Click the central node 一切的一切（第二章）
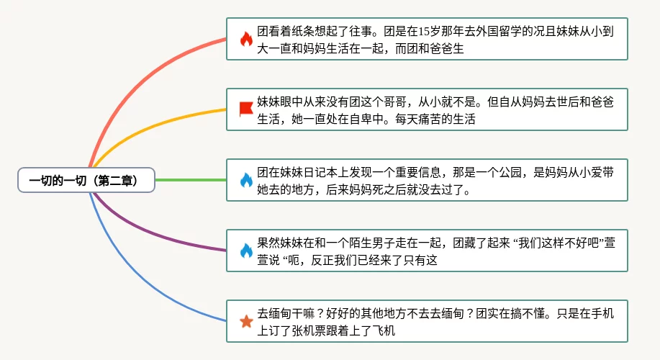[86, 180]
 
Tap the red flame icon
[246, 39]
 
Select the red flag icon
[246, 109]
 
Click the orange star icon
[246, 321]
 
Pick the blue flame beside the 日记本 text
[246, 180]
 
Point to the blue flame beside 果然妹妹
[246, 251]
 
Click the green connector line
[191, 180]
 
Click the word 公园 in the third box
[510, 172]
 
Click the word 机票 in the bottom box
[320, 331]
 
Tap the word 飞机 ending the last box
[384, 331]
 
